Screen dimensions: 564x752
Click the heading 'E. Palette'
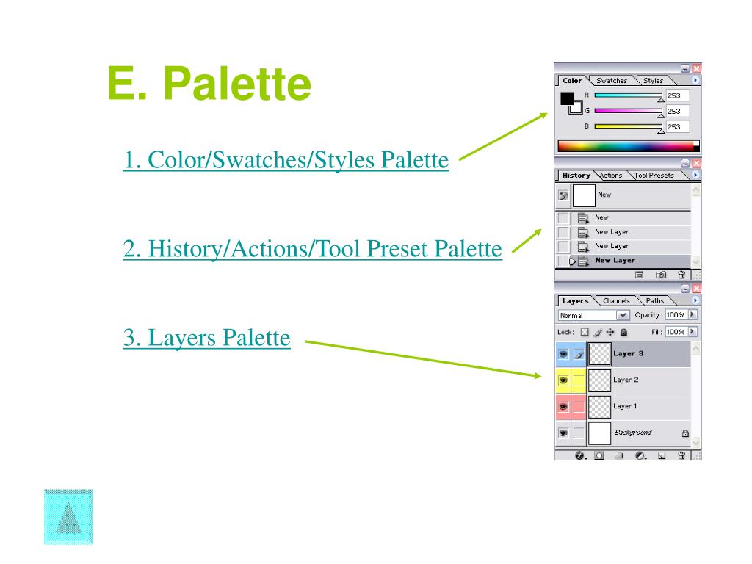209,84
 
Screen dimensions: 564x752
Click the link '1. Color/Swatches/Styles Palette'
286,159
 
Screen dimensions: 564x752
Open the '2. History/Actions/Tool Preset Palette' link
312,249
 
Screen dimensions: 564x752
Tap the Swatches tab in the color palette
612,81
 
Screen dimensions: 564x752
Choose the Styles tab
653,81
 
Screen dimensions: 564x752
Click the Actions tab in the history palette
610,176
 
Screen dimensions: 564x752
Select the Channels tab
616,300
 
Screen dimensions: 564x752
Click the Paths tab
655,300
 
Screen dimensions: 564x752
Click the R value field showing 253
676,95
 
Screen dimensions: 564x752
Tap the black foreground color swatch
567,98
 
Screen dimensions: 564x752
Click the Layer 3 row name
629,353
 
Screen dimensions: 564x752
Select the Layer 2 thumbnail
600,380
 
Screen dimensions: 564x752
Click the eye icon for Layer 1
563,406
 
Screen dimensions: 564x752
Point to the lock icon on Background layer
685,433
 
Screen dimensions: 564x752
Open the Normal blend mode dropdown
594,315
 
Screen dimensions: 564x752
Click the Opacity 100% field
675,315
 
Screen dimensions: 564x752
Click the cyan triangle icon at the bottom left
68,517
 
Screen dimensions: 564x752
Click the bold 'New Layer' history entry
615,260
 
